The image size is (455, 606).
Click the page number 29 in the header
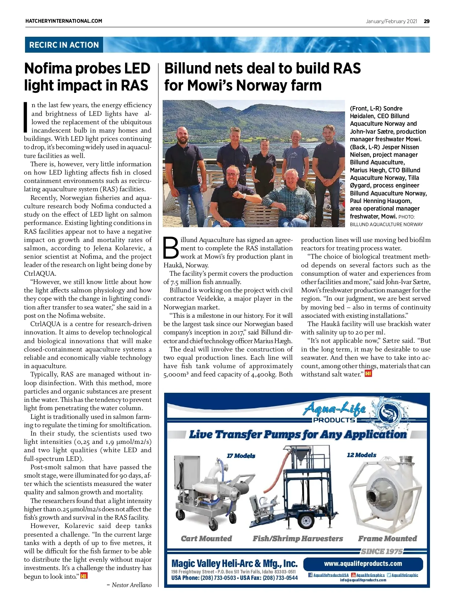click(427, 21)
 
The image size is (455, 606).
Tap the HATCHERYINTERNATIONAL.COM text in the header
click(64, 21)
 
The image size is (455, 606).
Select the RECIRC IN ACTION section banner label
click(64, 45)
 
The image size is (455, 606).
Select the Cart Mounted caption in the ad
click(206, 539)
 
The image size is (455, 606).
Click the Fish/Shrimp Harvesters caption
click(298, 539)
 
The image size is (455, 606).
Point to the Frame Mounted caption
click(387, 539)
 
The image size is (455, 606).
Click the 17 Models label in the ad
click(241, 456)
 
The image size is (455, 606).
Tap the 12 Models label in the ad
click(361, 455)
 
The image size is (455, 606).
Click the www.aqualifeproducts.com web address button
click(363, 564)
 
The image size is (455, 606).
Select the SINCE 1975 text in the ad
click(381, 551)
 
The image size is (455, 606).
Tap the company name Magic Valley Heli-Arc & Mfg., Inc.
click(234, 564)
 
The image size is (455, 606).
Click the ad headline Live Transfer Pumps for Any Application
click(298, 434)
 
